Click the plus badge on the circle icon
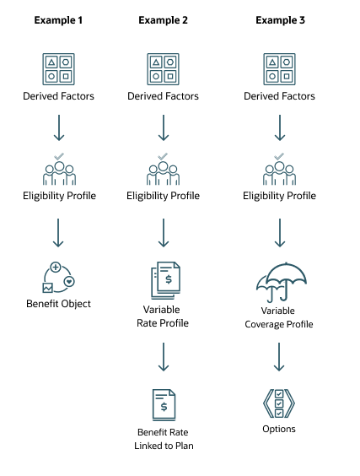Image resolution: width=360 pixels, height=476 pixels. click(x=56, y=268)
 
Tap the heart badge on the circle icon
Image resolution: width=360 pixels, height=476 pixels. click(x=69, y=282)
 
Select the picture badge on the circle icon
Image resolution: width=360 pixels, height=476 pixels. click(x=47, y=288)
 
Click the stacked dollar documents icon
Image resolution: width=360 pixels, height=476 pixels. click(x=165, y=280)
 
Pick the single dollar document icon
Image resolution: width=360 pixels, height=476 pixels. click(x=164, y=405)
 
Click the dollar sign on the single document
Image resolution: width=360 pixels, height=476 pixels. click(x=164, y=408)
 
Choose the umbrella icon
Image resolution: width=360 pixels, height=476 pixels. click(x=281, y=281)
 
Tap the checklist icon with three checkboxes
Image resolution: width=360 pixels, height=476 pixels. click(x=279, y=403)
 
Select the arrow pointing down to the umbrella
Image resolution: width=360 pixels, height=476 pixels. click(x=280, y=233)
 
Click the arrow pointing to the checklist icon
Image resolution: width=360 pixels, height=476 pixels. click(x=279, y=357)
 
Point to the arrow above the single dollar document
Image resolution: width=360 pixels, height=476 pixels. click(x=164, y=357)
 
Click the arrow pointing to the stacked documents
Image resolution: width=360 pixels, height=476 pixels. click(x=164, y=233)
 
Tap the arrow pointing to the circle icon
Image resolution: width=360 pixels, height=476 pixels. click(x=59, y=233)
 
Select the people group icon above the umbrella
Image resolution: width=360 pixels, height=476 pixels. click(x=279, y=172)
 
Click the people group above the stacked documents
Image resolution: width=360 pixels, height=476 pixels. click(x=164, y=172)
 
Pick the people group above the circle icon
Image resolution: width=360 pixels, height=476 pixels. click(x=59, y=172)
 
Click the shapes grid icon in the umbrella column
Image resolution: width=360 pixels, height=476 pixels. click(x=279, y=69)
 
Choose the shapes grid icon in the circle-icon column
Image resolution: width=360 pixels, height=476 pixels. click(x=59, y=69)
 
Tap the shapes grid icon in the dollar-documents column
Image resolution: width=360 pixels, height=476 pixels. click(x=164, y=69)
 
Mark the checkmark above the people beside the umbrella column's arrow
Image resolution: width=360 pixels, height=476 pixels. click(x=280, y=155)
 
